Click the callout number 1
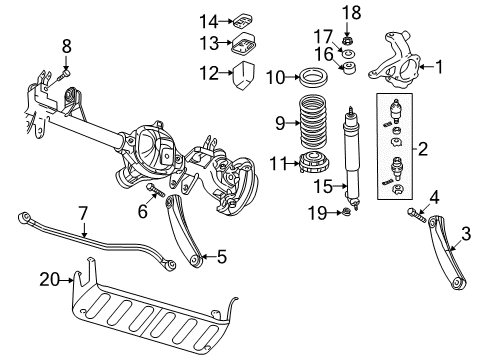pos(437,67)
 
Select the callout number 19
pos(317,211)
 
